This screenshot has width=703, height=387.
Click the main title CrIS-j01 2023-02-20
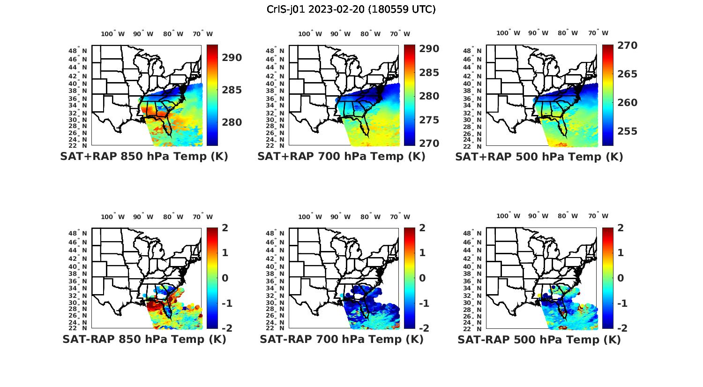pyautogui.click(x=351, y=9)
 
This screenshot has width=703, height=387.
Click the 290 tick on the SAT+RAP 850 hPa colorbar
pyautogui.click(x=232, y=58)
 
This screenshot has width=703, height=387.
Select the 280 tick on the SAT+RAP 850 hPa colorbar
pyautogui.click(x=232, y=122)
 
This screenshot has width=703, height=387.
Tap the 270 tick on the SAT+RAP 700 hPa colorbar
pyautogui.click(x=429, y=143)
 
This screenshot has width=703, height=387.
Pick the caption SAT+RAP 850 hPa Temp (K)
pyautogui.click(x=144, y=157)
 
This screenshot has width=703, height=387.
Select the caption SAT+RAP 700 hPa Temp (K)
pyautogui.click(x=341, y=157)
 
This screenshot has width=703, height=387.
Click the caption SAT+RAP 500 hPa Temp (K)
pyautogui.click(x=539, y=157)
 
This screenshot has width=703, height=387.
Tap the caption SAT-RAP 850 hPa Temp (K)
pyautogui.click(x=144, y=339)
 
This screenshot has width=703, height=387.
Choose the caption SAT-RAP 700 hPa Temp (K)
pyautogui.click(x=341, y=339)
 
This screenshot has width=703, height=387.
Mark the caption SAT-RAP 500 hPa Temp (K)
pyautogui.click(x=539, y=339)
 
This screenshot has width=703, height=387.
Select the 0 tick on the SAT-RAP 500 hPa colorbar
pyautogui.click(x=621, y=278)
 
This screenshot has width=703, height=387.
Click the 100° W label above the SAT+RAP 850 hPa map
pyautogui.click(x=112, y=34)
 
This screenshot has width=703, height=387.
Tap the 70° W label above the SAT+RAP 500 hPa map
pyautogui.click(x=598, y=33)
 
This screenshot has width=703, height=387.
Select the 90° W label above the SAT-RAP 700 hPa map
pyautogui.click(x=340, y=217)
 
